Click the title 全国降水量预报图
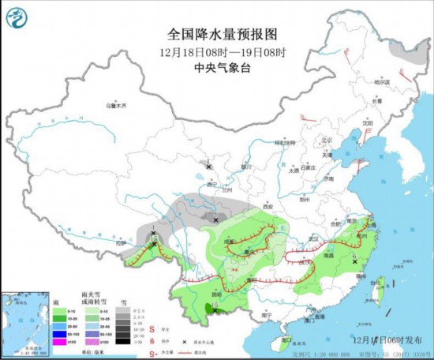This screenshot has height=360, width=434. pos(217,35)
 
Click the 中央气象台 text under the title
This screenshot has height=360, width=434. pos(216,67)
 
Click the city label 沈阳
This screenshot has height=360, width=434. pos(367,124)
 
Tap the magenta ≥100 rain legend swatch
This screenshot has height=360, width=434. pos(58,341)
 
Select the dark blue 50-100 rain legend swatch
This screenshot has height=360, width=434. pos(58,332)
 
